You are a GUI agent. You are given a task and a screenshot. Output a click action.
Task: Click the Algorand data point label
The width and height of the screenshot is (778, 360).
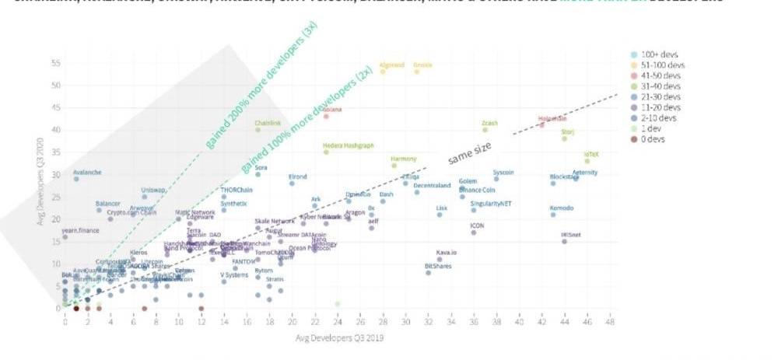tap(392, 65)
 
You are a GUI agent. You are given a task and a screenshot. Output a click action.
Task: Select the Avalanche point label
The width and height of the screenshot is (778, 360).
tap(87, 172)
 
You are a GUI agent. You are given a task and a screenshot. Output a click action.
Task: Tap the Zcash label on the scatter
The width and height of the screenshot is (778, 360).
tap(489, 123)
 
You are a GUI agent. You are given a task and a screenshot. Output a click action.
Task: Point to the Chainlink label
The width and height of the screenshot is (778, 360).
tap(268, 123)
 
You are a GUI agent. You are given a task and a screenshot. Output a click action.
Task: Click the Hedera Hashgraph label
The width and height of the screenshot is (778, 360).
tap(349, 145)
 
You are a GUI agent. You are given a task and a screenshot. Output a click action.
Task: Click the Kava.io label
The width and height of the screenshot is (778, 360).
tap(447, 253)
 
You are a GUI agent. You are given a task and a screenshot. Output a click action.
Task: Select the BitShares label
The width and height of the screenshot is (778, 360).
tap(439, 266)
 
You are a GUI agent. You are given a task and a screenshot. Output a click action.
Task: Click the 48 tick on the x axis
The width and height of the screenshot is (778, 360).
tap(611, 320)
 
